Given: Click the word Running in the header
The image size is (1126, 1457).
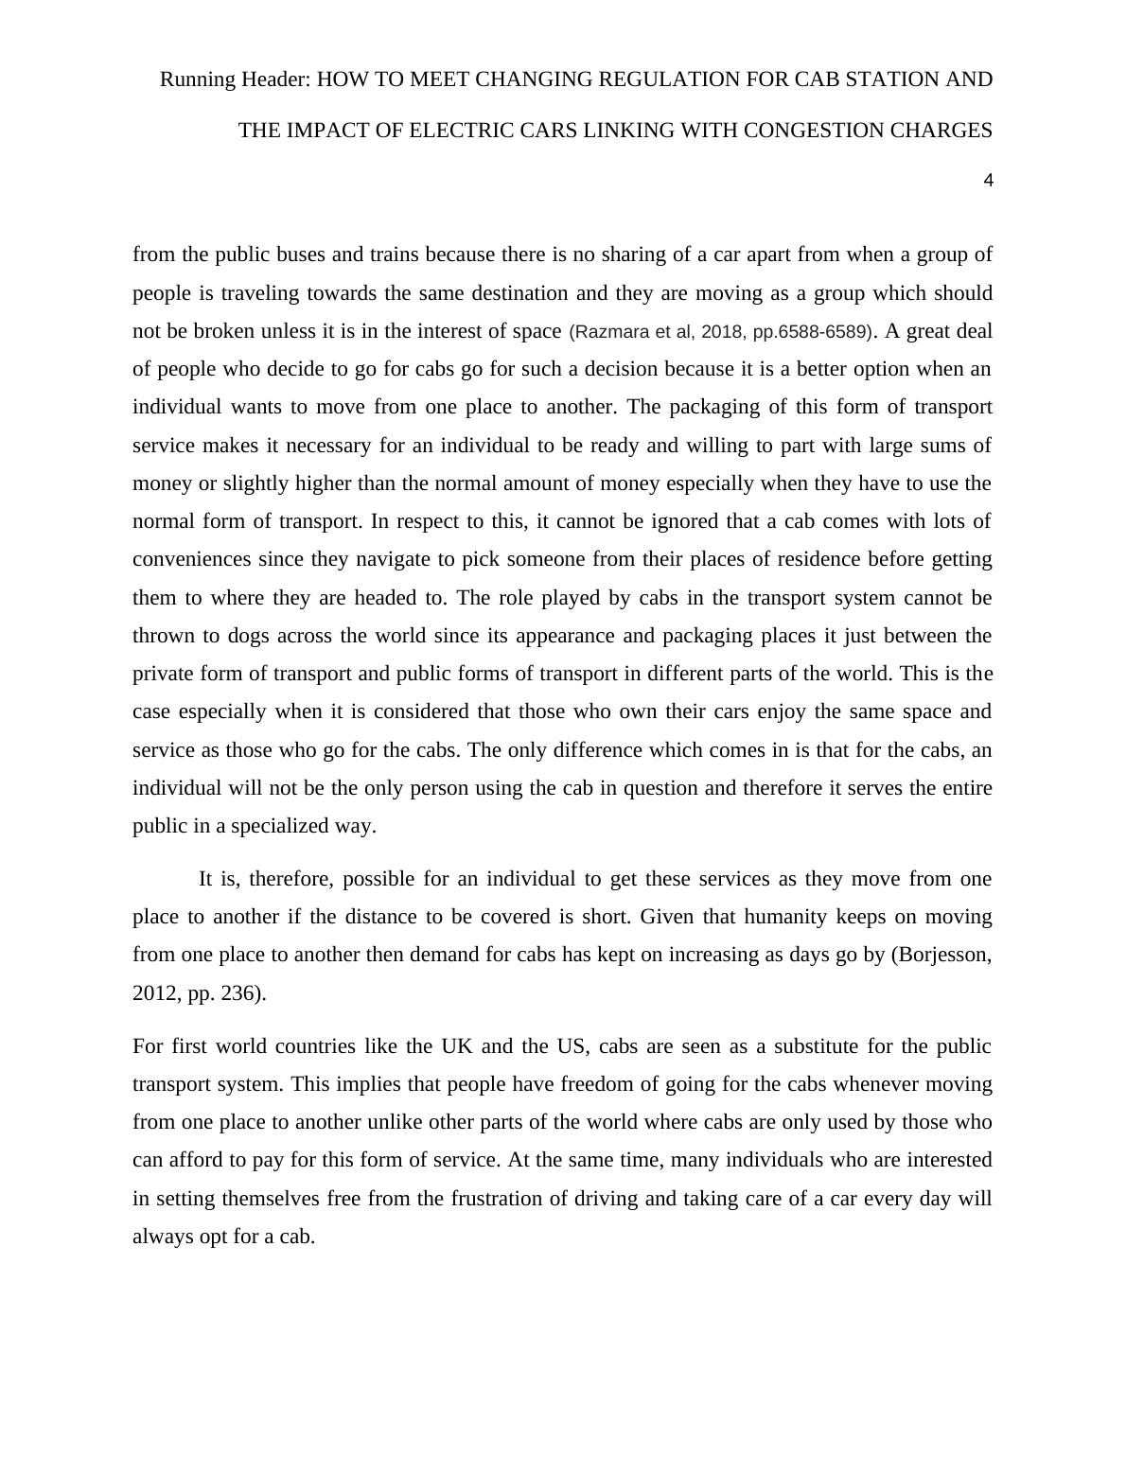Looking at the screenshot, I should coord(196,79).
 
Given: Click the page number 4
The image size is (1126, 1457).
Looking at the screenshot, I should coord(988,181).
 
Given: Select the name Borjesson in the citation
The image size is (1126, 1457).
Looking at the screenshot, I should coord(941,955).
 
